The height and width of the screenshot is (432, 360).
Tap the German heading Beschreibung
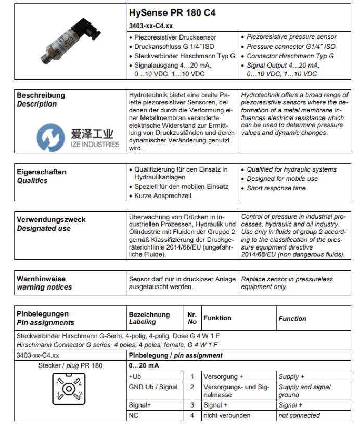click(41, 95)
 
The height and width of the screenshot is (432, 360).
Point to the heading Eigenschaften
click(42, 172)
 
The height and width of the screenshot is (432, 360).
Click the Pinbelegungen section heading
click(43, 314)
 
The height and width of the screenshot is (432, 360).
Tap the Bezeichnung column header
click(149, 315)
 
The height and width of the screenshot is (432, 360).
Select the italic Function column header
click(292, 318)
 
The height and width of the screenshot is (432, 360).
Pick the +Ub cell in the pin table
click(134, 376)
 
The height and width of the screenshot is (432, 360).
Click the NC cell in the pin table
click(134, 415)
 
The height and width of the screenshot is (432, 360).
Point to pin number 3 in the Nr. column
click(192, 405)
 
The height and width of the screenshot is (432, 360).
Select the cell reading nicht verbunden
click(227, 415)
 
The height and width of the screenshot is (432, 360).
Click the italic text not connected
click(299, 415)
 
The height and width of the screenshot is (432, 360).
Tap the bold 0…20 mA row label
click(143, 365)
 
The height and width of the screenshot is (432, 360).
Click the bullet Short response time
click(276, 188)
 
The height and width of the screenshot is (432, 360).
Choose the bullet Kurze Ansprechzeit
click(163, 195)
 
